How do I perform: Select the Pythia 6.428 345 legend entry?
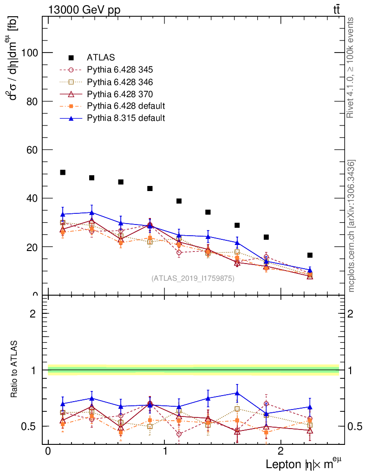[x=120, y=70]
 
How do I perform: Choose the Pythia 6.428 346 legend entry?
[x=120, y=82]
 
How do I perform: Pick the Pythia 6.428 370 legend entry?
[x=120, y=94]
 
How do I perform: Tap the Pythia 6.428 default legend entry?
[x=126, y=106]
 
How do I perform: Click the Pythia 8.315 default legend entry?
[x=126, y=118]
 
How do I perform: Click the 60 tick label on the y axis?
[x=33, y=150]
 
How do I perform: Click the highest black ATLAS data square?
[x=63, y=172]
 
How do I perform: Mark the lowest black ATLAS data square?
[x=310, y=255]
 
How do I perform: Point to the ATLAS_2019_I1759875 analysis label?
[x=193, y=278]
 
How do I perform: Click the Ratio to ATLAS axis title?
[x=14, y=370]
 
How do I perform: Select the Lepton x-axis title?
[x=304, y=464]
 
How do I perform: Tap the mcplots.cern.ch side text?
[x=352, y=225]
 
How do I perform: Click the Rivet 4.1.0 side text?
[x=352, y=67]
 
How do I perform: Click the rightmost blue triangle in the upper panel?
[x=310, y=270]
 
